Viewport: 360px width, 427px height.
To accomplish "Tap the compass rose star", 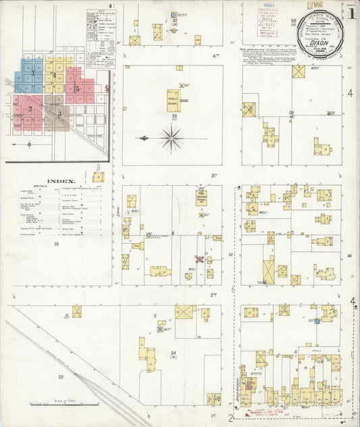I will (x=173, y=139).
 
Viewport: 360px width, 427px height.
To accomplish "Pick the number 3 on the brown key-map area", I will (x=59, y=113).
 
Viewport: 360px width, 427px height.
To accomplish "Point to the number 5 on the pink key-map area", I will (x=78, y=89).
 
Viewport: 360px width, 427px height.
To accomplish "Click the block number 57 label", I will (x=174, y=22).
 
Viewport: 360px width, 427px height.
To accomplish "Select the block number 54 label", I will (x=174, y=353).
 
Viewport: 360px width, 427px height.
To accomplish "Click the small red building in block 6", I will (x=199, y=259).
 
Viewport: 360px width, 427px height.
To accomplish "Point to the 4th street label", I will (x=216, y=54).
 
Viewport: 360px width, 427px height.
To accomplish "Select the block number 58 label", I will (x=293, y=22).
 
